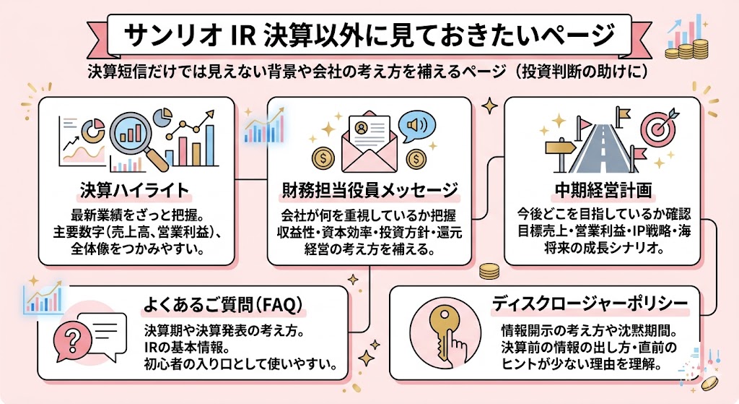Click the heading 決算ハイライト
[135, 190]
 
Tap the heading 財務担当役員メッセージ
[369, 190]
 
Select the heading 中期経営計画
[603, 190]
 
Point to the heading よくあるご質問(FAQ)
[222, 304]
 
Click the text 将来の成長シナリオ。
[602, 247]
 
